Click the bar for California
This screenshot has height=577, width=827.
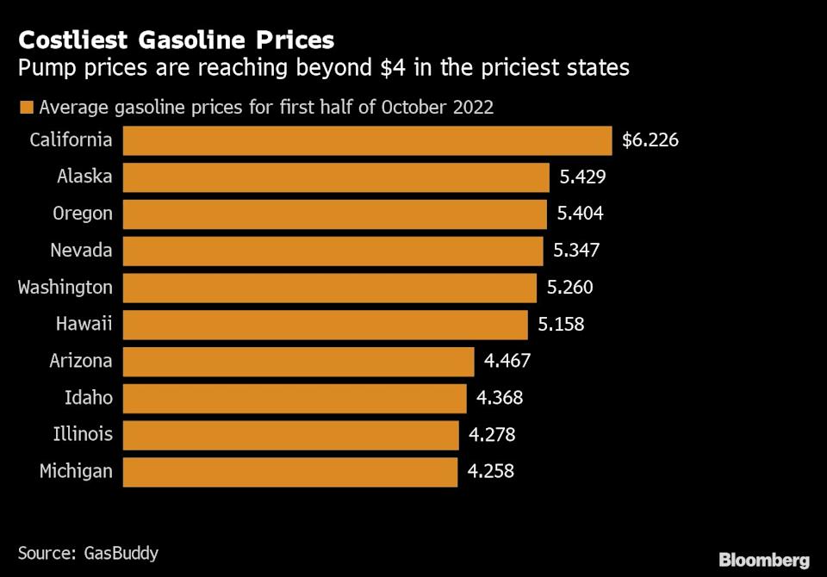click(x=367, y=140)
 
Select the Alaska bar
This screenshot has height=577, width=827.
click(x=336, y=177)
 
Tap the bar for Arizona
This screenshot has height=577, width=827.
click(x=298, y=361)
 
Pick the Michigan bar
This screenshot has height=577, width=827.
click(x=289, y=471)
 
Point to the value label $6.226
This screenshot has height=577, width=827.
click(x=650, y=140)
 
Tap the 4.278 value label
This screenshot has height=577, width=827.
click(x=492, y=435)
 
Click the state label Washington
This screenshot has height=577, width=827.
click(x=65, y=288)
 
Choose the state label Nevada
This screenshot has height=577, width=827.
click(x=83, y=251)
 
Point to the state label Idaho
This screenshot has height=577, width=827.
click(x=89, y=398)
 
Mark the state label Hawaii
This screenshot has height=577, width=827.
click(x=84, y=325)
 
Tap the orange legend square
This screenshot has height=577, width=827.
click(x=25, y=109)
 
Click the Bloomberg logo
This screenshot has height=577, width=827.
click(x=764, y=560)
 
